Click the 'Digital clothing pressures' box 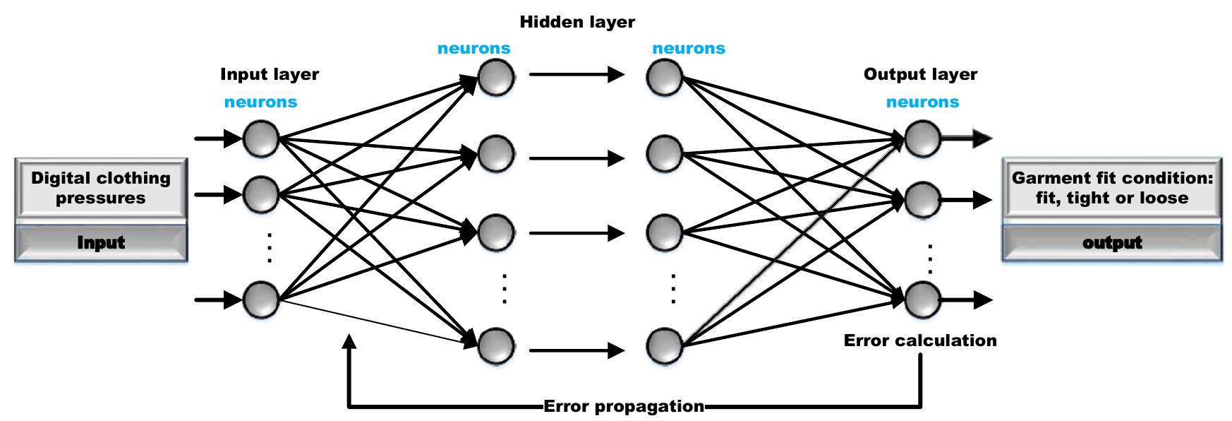[x=101, y=188]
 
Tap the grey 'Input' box [x=101, y=243]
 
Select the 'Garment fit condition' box [x=1112, y=188]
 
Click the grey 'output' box [x=1112, y=243]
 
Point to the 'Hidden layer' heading [x=577, y=22]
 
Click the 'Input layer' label [x=270, y=74]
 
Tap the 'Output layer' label [x=920, y=74]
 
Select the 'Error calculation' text [x=920, y=340]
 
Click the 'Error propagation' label [x=624, y=407]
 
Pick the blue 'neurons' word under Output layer [x=922, y=102]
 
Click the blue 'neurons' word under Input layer [x=260, y=102]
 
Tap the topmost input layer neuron [x=261, y=139]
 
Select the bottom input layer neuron [x=261, y=300]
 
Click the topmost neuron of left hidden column [x=496, y=77]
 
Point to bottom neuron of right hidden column [x=665, y=346]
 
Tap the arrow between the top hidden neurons [x=576, y=73]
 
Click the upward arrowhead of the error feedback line [x=349, y=341]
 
